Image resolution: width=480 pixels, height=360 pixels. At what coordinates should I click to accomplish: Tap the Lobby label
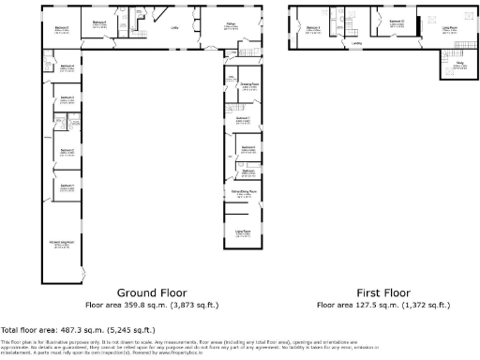tap(174, 27)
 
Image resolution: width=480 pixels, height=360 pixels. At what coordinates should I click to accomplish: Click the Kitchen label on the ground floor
tap(229, 23)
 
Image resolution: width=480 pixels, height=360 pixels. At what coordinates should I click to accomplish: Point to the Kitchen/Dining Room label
tap(244, 192)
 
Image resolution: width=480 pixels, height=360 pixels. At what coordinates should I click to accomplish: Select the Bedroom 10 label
tap(397, 21)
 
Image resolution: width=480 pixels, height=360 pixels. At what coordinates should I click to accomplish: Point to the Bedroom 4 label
tap(67, 66)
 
